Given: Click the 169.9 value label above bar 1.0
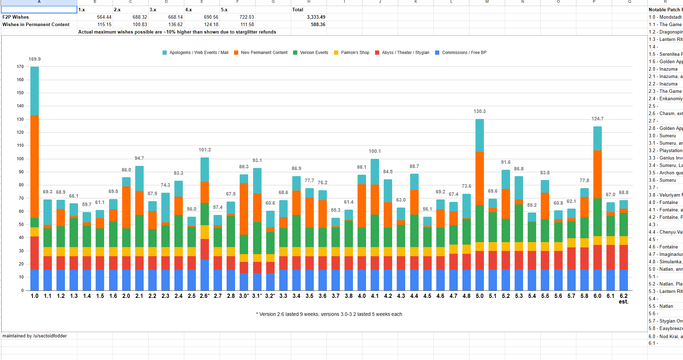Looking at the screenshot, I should [35, 59].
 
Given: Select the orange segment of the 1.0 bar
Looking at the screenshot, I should [35, 166].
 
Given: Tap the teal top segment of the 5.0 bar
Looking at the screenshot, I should [480, 135].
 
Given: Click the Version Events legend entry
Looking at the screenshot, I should [311, 53].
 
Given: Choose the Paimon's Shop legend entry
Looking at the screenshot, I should [352, 53].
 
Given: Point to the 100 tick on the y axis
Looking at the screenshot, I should [20, 159].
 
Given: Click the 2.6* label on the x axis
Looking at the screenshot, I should [205, 296].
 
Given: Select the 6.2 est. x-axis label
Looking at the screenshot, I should [624, 299].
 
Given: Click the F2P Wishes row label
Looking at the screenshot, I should [16, 17].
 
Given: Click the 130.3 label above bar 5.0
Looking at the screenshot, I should [480, 111].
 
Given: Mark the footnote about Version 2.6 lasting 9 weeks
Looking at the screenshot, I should [329, 314].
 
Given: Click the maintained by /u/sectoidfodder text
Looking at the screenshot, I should [35, 336].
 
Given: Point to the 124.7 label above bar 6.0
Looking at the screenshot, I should [598, 119].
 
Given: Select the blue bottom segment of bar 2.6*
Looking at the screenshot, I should [205, 275].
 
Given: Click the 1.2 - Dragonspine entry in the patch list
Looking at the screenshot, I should [665, 32].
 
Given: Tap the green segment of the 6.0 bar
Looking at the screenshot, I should [598, 217].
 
